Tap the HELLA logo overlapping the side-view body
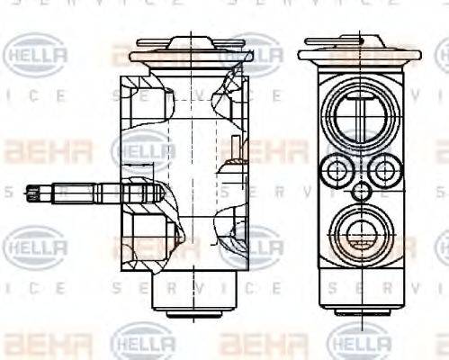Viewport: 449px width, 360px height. [x=144, y=148]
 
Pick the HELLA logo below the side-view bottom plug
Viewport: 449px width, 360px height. [x=144, y=342]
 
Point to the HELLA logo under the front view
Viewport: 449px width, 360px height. [x=360, y=342]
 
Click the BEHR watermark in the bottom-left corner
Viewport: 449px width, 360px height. [x=36, y=343]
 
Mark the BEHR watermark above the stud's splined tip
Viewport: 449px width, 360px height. [x=36, y=149]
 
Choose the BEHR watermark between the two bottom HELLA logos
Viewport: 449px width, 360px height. [x=253, y=343]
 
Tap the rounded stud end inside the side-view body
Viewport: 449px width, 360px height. [x=144, y=192]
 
